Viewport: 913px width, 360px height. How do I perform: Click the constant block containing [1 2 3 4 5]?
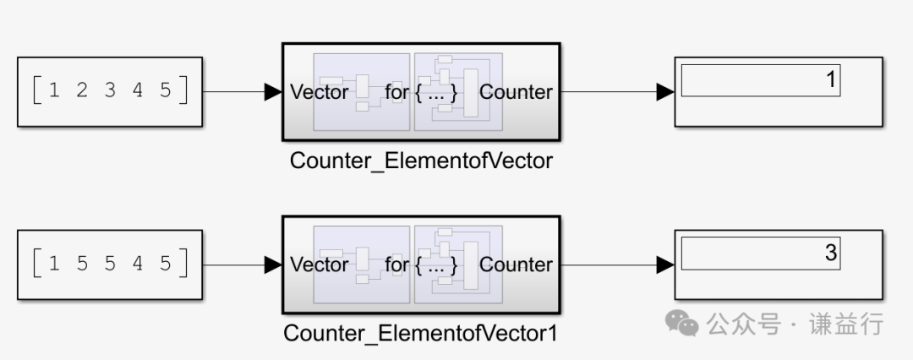[x=110, y=92]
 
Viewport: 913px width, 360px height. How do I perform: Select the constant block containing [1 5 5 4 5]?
[x=110, y=265]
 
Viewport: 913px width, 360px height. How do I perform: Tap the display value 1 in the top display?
[x=829, y=80]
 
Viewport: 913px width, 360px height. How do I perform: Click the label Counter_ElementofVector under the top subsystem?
[x=421, y=161]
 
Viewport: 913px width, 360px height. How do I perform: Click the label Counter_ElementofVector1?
[x=421, y=333]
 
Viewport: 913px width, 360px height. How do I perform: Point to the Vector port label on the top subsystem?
[x=320, y=92]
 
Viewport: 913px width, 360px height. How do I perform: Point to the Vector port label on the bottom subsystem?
[x=320, y=265]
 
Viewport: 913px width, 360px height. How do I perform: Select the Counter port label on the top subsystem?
[x=516, y=92]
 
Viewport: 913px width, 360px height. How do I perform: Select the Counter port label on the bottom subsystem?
[x=516, y=265]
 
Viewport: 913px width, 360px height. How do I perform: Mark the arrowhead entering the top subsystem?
[x=273, y=92]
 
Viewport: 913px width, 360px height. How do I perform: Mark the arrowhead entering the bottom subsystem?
[x=273, y=265]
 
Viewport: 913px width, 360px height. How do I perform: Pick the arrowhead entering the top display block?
[x=665, y=92]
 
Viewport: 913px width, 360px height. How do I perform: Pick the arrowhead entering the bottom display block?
[x=665, y=265]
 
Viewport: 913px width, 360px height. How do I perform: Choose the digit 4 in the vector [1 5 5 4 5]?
[x=138, y=264]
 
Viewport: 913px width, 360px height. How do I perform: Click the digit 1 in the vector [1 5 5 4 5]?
[x=55, y=264]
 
